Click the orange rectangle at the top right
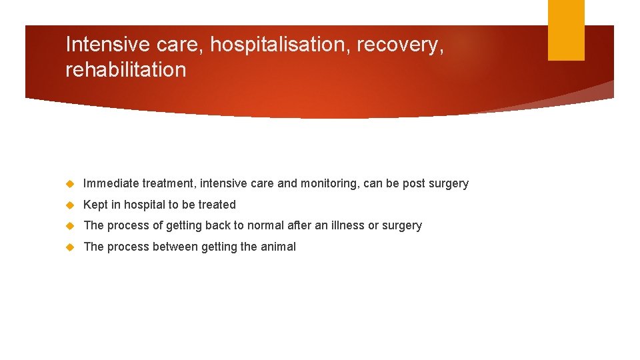tap(566, 30)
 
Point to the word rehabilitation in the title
tap(125, 69)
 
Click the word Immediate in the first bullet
tap(111, 183)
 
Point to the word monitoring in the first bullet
tap(327, 183)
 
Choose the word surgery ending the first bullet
tap(449, 183)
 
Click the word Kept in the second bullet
tap(95, 205)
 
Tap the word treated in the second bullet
tap(217, 205)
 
